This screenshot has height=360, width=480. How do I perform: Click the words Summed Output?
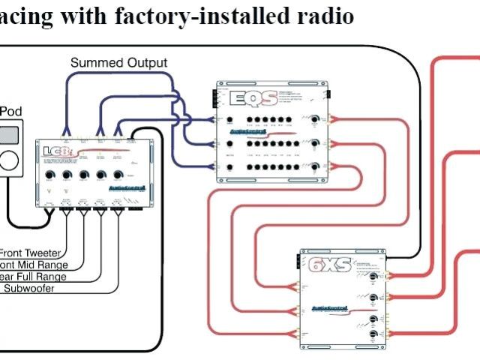point(119,63)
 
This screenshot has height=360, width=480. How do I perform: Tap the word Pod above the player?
point(10,112)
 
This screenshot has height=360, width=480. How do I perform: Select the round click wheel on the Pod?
point(10,160)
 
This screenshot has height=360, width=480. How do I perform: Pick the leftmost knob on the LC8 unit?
point(49,175)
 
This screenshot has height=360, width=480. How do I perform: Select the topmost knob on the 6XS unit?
point(373,277)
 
